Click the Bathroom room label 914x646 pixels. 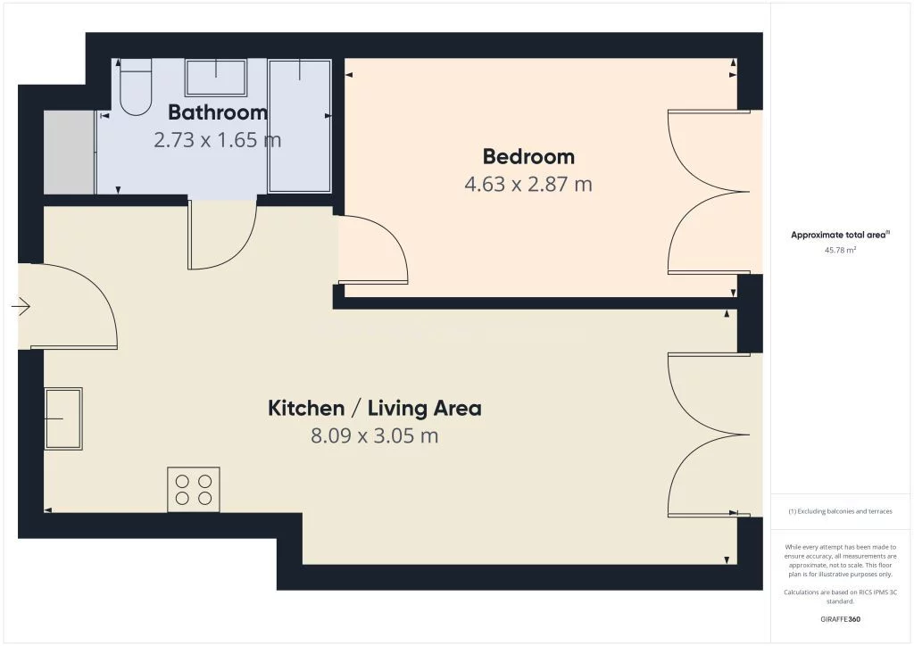(218, 112)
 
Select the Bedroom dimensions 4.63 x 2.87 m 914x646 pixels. (528, 184)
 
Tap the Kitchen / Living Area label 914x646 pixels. (374, 408)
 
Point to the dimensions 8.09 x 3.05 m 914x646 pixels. (374, 435)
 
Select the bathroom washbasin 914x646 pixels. (216, 77)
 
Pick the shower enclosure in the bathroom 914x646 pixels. (300, 126)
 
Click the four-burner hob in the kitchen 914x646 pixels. (194, 489)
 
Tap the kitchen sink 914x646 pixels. (63, 418)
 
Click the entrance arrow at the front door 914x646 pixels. (21, 306)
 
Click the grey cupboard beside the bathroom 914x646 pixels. (70, 153)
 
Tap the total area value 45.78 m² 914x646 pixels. (840, 251)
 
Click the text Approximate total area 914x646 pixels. (838, 236)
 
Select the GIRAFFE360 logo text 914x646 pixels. (840, 619)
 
